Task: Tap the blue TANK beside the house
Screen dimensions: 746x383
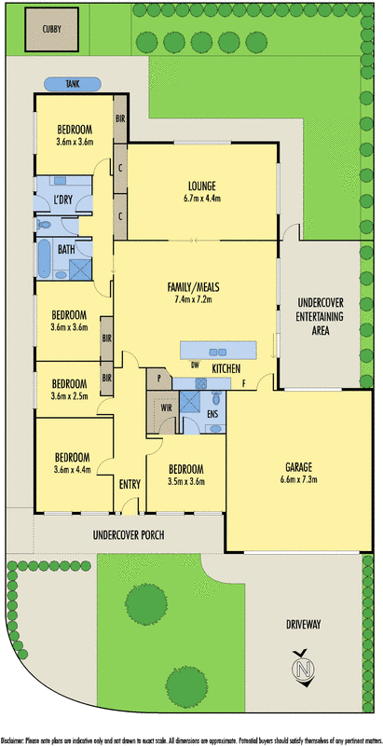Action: pyautogui.click(x=72, y=84)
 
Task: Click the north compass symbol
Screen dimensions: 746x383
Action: pyautogui.click(x=301, y=669)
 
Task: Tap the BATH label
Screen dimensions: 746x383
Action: pyautogui.click(x=66, y=249)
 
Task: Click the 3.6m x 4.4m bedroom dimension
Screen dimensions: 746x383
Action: pyautogui.click(x=71, y=470)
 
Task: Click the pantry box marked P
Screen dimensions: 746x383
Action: pyautogui.click(x=158, y=380)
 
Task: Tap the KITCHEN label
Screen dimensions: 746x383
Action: pyautogui.click(x=226, y=370)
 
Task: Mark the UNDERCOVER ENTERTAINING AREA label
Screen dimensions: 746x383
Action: pyautogui.click(x=320, y=317)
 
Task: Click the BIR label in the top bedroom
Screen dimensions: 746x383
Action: pyautogui.click(x=120, y=119)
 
